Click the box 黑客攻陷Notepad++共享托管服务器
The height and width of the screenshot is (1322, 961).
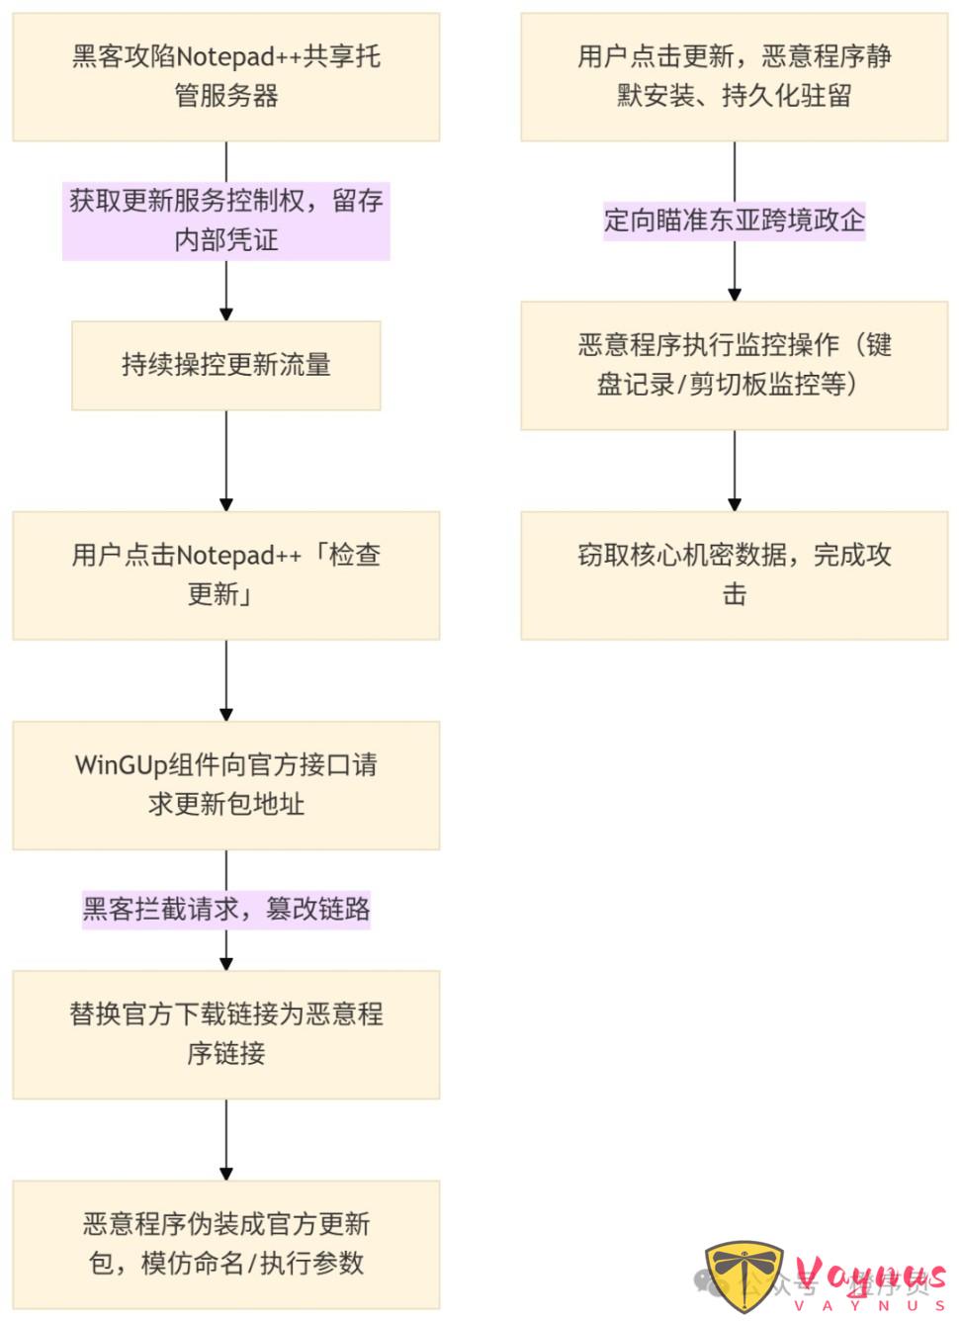point(225,77)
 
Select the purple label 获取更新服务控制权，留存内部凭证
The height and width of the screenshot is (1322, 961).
point(225,220)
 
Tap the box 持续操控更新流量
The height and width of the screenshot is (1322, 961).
point(225,365)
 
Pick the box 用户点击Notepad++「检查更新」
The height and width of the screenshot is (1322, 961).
point(225,574)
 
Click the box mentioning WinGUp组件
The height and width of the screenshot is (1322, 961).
point(225,785)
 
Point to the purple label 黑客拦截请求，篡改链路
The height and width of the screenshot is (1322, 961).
point(225,909)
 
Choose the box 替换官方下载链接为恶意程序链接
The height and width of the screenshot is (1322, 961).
point(225,1034)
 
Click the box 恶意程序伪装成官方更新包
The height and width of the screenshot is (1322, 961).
point(225,1244)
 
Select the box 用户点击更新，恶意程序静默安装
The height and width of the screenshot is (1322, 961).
point(734,77)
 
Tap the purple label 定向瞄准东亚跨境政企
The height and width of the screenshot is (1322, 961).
point(734,220)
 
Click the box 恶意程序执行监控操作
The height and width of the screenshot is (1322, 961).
point(734,365)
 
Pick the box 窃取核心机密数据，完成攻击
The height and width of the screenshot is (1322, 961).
point(734,574)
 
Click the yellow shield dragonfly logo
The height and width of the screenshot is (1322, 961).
point(744,1276)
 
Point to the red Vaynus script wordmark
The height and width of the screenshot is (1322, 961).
point(870,1276)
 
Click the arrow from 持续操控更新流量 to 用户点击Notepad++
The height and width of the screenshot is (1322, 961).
point(226,461)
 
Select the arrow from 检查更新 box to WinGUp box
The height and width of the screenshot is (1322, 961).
point(226,680)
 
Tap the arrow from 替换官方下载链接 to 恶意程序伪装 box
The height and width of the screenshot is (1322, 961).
point(226,1139)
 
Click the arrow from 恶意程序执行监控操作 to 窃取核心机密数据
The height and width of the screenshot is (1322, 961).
point(735,471)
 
